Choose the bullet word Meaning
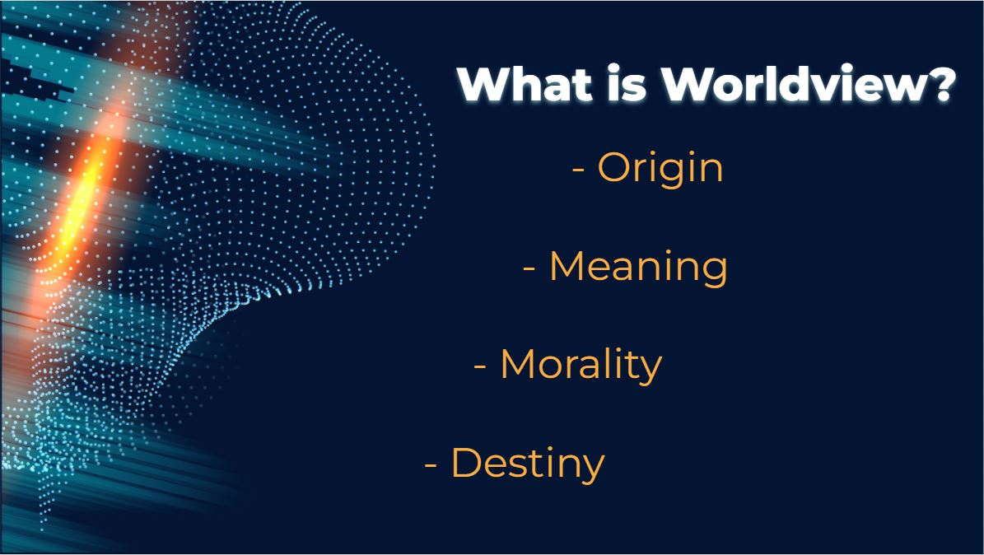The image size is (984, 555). pyautogui.click(x=638, y=268)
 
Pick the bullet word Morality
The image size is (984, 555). pyautogui.click(x=581, y=366)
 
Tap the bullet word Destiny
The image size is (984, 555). pyautogui.click(x=528, y=464)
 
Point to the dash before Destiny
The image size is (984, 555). pyautogui.click(x=431, y=464)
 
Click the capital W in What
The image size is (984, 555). pyautogui.click(x=487, y=84)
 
